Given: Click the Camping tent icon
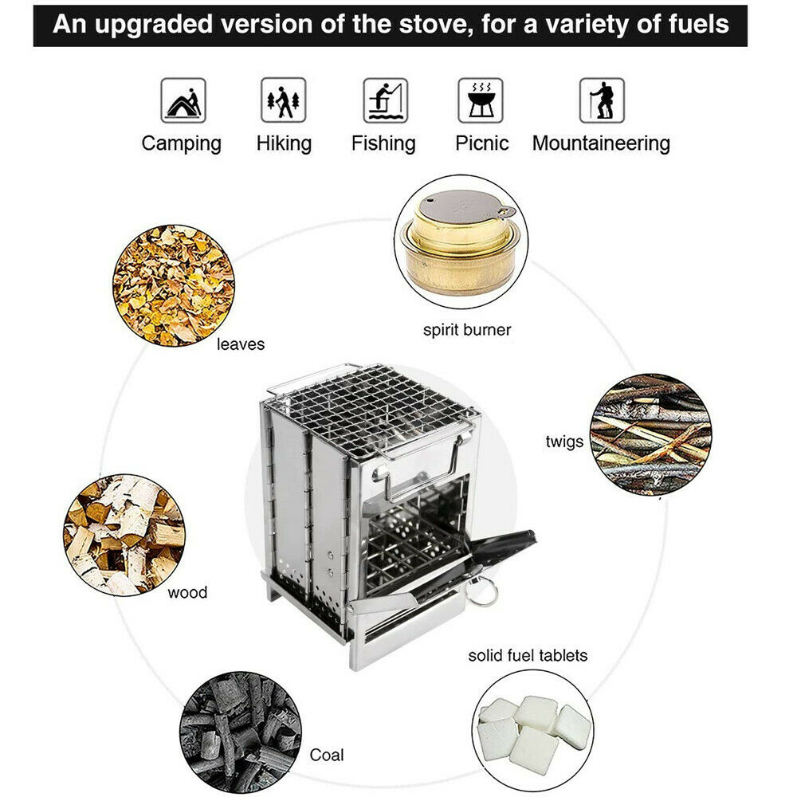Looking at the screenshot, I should click(x=184, y=100).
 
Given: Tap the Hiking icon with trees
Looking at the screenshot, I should click(x=283, y=100).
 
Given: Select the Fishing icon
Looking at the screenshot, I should click(x=385, y=100).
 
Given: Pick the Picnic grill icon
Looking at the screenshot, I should click(x=480, y=100).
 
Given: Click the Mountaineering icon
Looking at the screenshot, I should click(x=601, y=100).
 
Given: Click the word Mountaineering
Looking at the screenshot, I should click(x=601, y=143).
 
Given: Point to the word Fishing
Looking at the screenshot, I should click(x=383, y=143).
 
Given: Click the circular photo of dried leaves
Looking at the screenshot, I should click(x=173, y=285).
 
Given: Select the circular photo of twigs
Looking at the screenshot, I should click(x=650, y=435).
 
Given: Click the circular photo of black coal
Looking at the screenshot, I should click(x=240, y=732).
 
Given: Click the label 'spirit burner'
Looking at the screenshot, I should click(x=467, y=329).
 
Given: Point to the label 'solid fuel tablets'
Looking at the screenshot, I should click(x=528, y=655).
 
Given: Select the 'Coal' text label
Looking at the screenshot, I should click(x=326, y=754).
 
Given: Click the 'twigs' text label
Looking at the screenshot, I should click(x=564, y=442).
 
